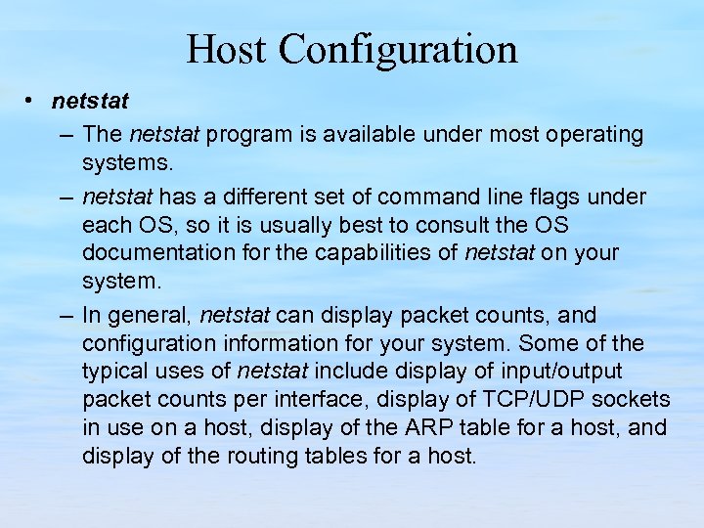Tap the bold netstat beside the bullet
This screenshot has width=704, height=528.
point(90,101)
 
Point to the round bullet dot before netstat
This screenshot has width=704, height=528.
point(32,101)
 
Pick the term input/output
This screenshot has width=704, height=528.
point(563,372)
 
